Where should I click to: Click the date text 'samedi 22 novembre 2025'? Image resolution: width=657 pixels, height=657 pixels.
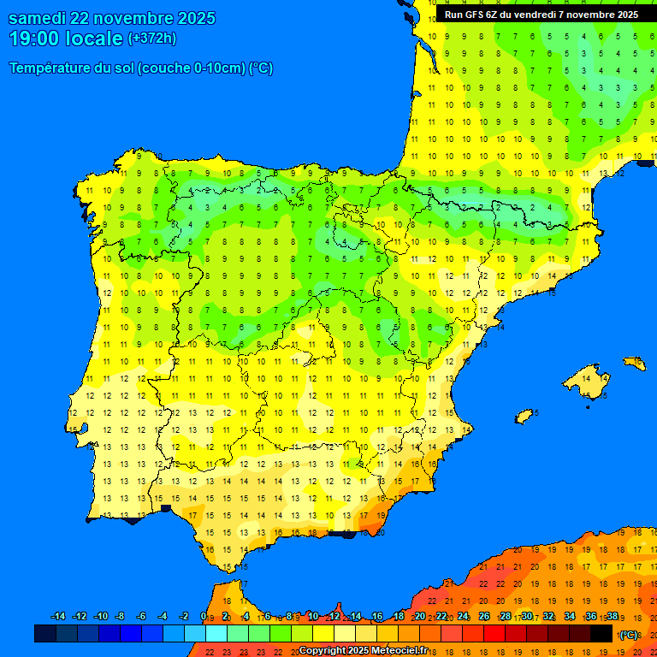tap(112, 19)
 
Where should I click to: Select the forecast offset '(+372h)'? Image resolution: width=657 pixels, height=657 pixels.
tap(151, 38)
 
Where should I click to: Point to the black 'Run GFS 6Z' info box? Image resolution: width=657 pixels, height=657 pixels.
tap(541, 15)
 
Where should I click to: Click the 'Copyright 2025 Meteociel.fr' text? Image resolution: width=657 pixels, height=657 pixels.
tap(363, 650)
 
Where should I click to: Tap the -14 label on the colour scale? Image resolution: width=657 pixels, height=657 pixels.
tap(58, 617)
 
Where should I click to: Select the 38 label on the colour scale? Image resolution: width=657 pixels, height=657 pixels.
tap(612, 617)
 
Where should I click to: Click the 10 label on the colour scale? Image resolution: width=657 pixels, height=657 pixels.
tap(313, 617)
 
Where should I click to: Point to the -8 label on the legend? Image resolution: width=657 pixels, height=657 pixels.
tap(121, 617)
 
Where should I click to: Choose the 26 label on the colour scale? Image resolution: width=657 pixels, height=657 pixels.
tap(484, 617)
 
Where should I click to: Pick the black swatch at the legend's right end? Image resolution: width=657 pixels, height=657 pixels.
tap(601, 633)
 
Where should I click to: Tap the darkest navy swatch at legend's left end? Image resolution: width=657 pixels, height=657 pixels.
tap(45, 633)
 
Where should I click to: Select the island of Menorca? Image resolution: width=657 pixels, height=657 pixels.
tap(635, 363)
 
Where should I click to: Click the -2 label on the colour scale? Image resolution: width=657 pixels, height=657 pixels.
tap(183, 617)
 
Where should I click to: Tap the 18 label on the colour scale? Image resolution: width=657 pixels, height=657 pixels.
tap(399, 617)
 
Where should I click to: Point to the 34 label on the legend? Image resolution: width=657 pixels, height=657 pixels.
tap(570, 617)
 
